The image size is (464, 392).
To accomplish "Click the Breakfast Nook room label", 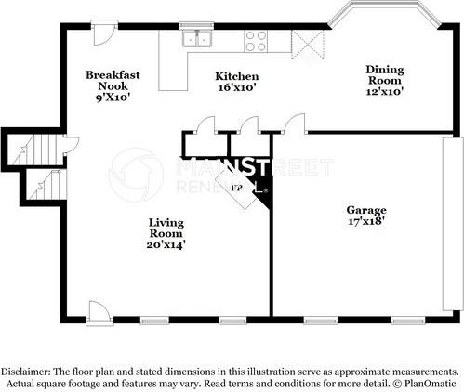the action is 113,85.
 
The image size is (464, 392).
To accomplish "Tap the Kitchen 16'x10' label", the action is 237,82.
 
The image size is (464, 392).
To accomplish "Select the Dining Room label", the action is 385,80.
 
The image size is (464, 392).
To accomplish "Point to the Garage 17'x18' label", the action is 366,216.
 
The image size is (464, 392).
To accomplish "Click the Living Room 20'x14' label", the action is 166,233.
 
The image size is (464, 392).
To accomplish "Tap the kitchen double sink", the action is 197,39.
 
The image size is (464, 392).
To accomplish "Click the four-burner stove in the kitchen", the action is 256,41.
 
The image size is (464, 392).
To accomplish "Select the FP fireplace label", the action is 236,188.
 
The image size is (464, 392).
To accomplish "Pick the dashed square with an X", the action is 308,45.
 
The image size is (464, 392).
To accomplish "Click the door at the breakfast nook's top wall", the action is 105,33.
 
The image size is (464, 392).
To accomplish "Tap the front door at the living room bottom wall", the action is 98,313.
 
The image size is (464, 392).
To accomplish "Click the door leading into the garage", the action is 295,124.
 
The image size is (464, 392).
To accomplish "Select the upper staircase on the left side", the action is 34,150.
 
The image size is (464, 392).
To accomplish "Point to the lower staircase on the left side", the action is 44,186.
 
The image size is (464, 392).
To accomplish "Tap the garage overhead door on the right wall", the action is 452,224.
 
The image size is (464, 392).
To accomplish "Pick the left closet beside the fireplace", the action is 205,145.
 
